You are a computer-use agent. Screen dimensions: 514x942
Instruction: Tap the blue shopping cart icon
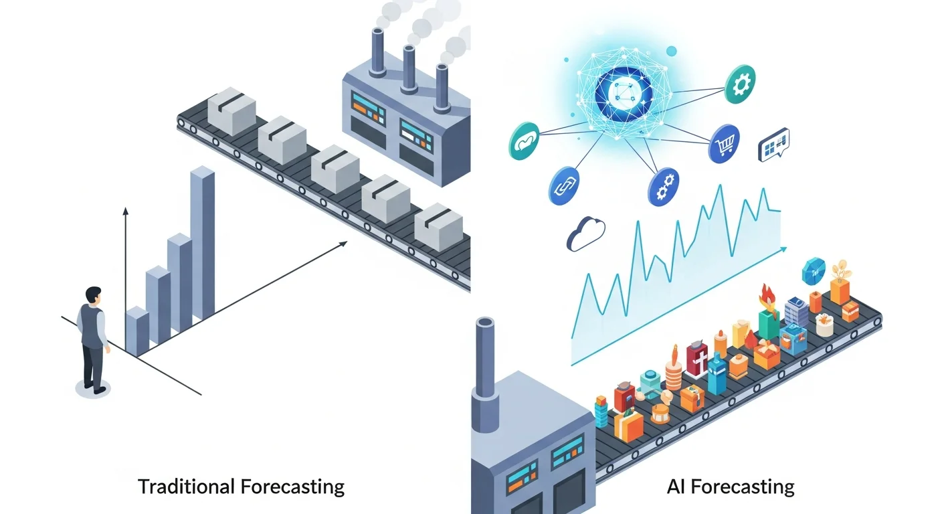[724, 143]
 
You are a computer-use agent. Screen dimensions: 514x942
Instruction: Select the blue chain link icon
[563, 185]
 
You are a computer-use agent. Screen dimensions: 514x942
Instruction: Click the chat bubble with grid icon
[774, 145]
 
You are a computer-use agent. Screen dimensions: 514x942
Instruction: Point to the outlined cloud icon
[585, 234]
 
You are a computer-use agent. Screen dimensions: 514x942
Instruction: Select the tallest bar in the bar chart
[203, 241]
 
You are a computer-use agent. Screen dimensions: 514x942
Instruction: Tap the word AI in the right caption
[677, 486]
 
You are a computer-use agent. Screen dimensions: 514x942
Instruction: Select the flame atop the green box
[766, 295]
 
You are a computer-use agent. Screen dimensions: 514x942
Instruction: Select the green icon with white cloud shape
[523, 141]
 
